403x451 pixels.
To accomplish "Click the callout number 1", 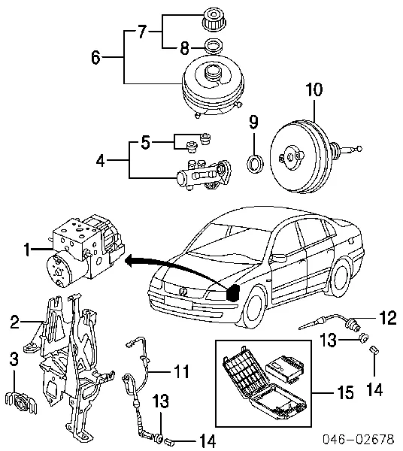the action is point(27,250).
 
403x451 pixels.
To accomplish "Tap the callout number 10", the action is point(314,89).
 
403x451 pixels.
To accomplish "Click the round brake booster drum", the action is point(301,157).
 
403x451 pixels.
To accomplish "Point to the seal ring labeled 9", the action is point(255,164).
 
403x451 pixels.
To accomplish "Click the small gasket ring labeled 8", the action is point(214,46).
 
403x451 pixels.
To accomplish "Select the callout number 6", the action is point(95,57).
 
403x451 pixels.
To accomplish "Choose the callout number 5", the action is point(146,142).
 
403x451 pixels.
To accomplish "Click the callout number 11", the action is point(181,371).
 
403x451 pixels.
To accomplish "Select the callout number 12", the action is point(388,318).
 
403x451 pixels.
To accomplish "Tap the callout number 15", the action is point(345,392).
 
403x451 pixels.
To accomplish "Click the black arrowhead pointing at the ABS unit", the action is point(129,261).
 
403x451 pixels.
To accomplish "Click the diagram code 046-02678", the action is point(358,440).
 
